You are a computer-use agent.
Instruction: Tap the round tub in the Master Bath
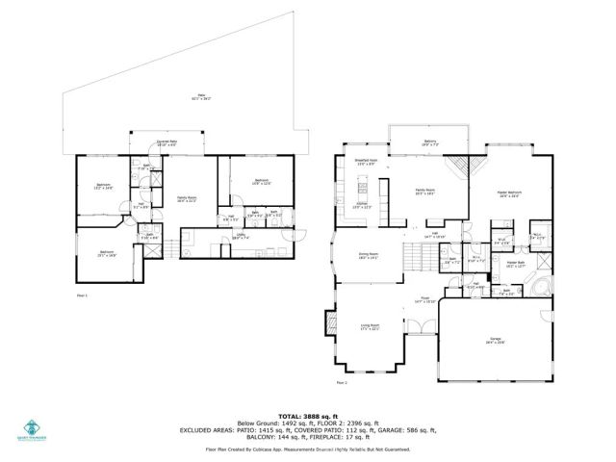[539, 285]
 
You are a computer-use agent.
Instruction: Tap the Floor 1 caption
[81, 295]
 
